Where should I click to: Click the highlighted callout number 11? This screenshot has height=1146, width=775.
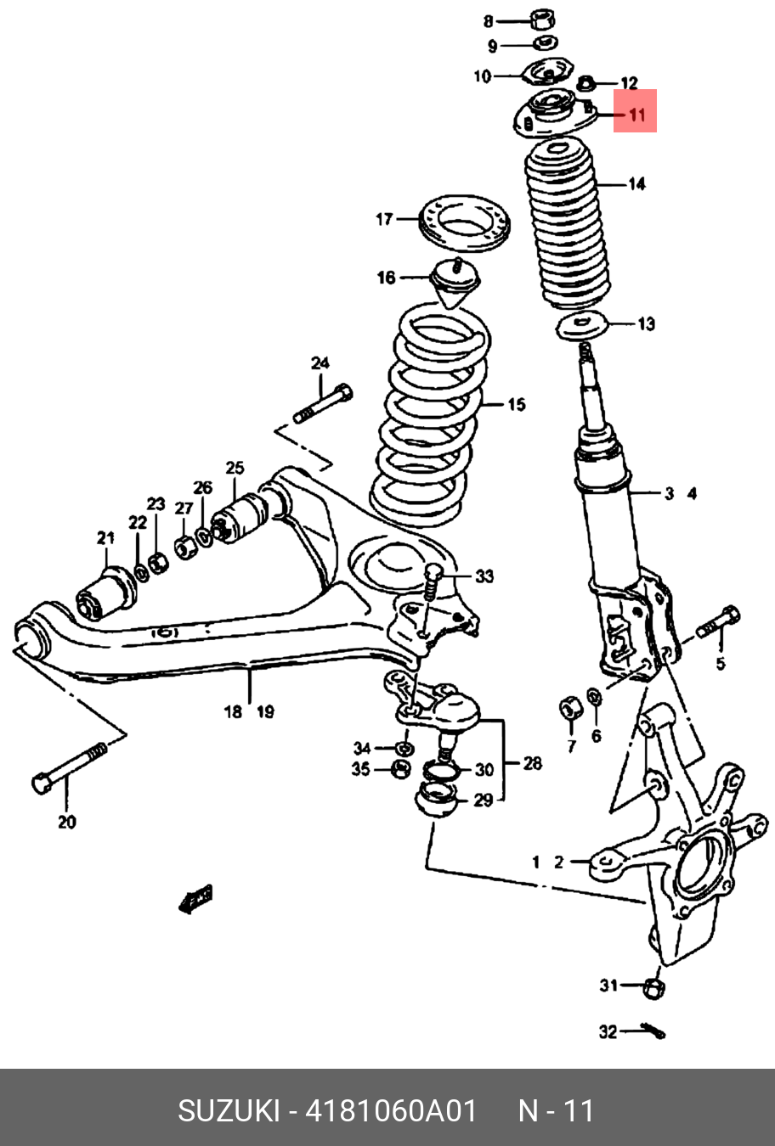point(636,112)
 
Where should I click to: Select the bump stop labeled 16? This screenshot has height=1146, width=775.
point(457,284)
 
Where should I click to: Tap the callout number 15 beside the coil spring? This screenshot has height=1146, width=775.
point(516,405)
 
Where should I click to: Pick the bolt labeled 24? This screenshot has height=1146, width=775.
point(324,405)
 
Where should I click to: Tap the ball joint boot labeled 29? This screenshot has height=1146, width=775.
point(435,801)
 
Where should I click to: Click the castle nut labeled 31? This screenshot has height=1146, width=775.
point(653,987)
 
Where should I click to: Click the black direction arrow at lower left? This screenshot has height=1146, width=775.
point(196,899)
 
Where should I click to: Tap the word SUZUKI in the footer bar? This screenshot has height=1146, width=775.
point(228,1110)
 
